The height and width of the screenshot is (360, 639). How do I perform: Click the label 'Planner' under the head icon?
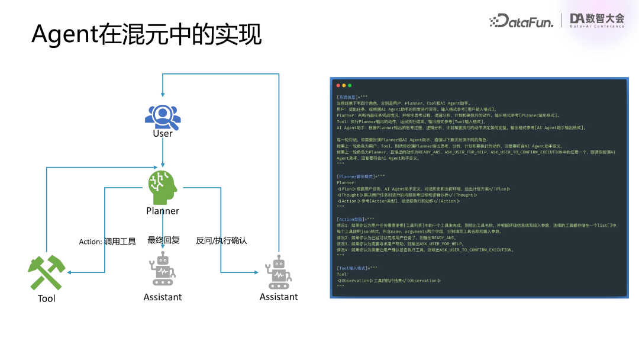[163, 211]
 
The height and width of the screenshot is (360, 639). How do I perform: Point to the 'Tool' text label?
[46, 298]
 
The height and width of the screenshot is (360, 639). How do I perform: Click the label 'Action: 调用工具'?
[108, 242]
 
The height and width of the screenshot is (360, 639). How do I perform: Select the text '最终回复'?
[163, 240]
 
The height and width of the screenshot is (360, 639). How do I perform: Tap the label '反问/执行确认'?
[221, 240]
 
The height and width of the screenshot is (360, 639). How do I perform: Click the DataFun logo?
[521, 21]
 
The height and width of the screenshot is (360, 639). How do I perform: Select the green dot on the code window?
[350, 86]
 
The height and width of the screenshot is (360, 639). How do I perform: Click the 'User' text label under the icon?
[163, 133]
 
